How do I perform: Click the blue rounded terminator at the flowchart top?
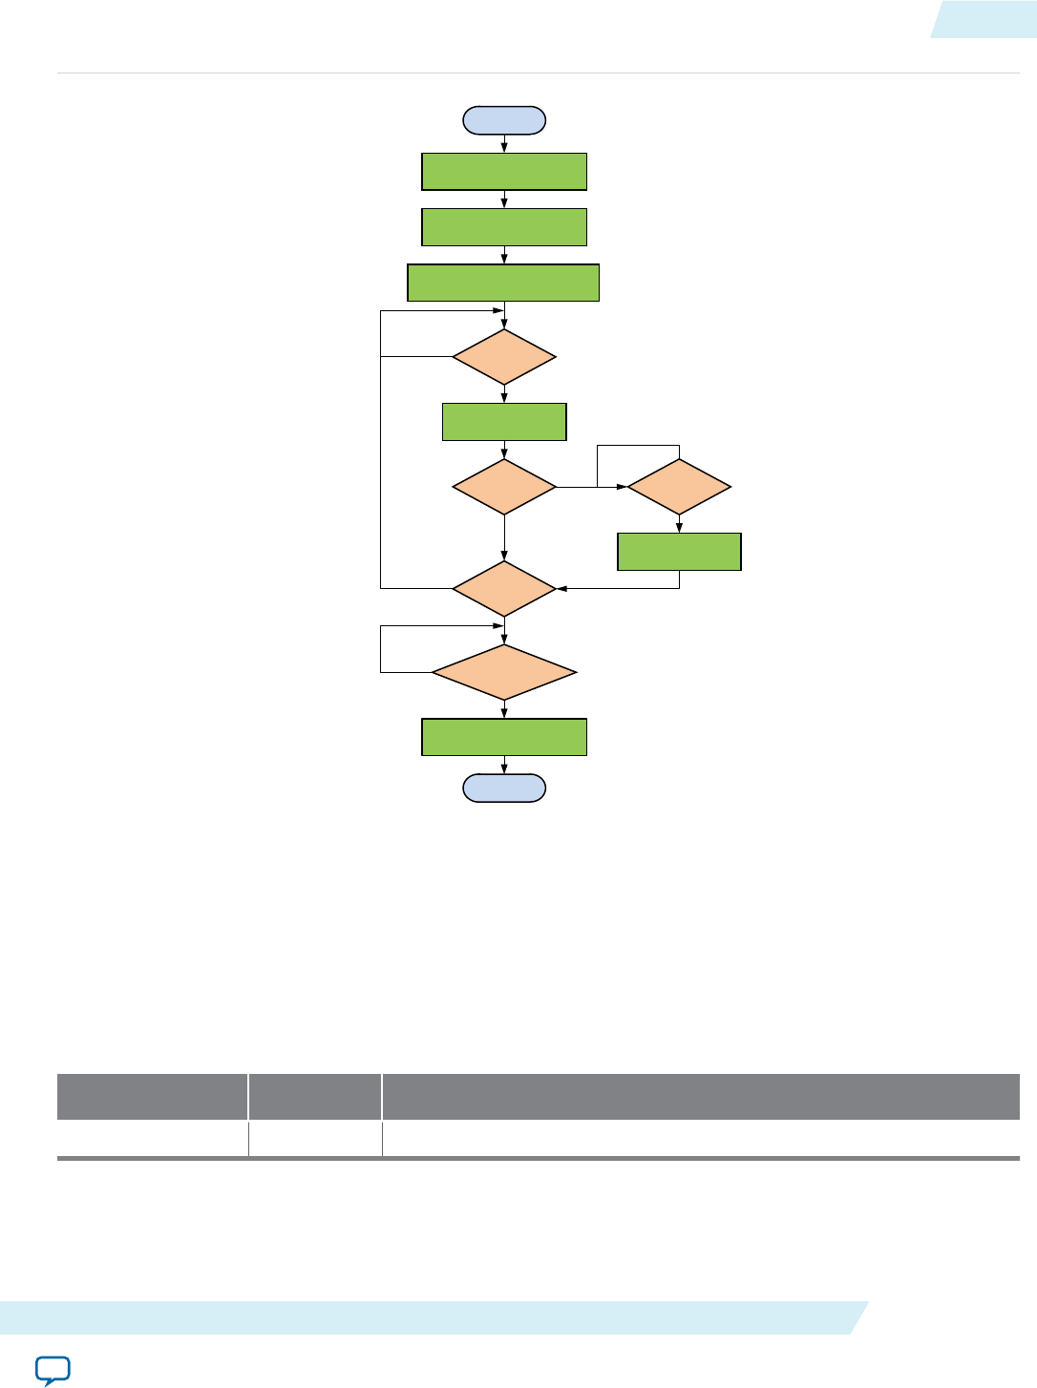coord(504,120)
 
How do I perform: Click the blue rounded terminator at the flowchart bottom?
coord(504,788)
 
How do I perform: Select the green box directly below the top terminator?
coord(504,172)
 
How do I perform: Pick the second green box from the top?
coord(504,227)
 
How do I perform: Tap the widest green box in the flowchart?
coord(503,283)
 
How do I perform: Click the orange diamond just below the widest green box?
coord(504,357)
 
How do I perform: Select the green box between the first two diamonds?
coord(504,422)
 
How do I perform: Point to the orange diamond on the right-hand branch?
coord(679,487)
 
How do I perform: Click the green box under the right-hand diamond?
coord(679,552)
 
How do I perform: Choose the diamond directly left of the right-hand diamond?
coord(504,487)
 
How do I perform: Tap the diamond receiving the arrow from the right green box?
coord(504,588)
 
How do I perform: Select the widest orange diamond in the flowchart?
coord(504,673)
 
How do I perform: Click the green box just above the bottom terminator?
coord(504,737)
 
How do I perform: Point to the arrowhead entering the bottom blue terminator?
coord(504,769)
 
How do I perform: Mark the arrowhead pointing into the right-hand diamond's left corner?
coord(623,487)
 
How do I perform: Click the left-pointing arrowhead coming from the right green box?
coord(562,588)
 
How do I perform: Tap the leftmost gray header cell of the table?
coord(152,1097)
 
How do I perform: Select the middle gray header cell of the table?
coord(315,1097)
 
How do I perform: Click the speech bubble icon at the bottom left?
coord(53,1370)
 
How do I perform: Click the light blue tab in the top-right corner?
coord(985,19)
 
